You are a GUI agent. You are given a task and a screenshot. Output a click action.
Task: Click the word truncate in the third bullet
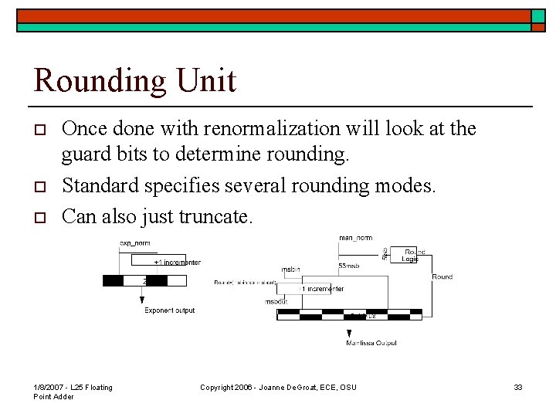pos(215,215)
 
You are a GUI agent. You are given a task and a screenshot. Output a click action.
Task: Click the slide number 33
pos(518,387)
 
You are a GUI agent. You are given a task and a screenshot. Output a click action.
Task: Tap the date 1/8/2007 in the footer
pos(50,387)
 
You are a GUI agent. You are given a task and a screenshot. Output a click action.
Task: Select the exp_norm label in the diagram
pos(134,244)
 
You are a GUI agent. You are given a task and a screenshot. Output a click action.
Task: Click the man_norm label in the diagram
pos(355,238)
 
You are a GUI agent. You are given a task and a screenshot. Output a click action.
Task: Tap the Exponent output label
pos(170,310)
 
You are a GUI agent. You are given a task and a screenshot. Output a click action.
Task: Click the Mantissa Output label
pos(371,342)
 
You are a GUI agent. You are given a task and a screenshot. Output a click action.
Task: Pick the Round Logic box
pos(410,255)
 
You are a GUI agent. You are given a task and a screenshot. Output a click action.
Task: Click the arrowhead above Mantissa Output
pos(349,334)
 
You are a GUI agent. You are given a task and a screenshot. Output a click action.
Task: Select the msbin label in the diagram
pos(290,270)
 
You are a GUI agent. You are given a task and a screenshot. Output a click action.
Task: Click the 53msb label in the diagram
pos(347,266)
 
